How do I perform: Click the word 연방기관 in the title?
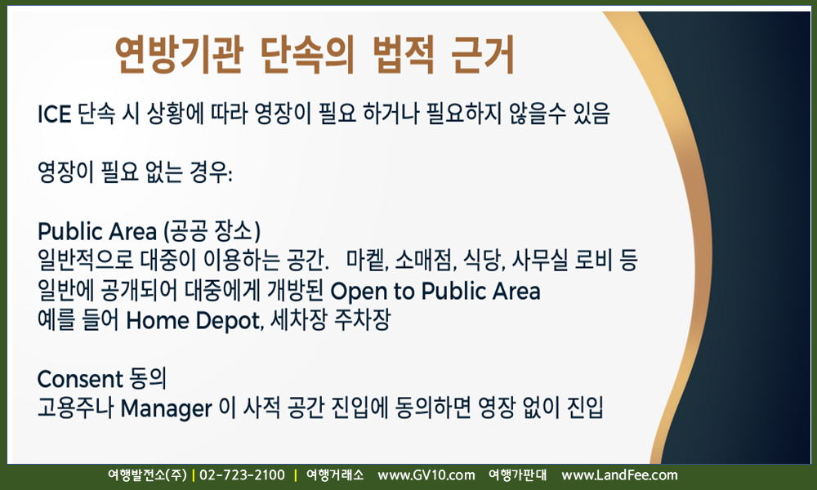[x=179, y=55]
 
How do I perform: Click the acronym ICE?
[x=54, y=114]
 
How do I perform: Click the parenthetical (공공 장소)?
[x=212, y=231]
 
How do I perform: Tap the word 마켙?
[x=368, y=261]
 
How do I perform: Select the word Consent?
[x=80, y=379]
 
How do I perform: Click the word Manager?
[x=166, y=409]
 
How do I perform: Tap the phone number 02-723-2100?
[x=243, y=475]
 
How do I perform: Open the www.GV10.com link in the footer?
[x=426, y=475]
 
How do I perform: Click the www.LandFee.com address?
[x=619, y=475]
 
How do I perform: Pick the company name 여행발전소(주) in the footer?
[x=147, y=475]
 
